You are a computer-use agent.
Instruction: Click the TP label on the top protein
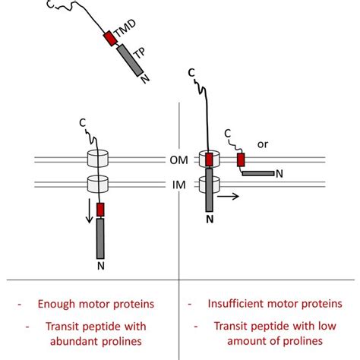point(141,54)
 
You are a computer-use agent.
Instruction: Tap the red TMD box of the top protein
point(111,37)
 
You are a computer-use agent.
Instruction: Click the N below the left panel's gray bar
point(99,266)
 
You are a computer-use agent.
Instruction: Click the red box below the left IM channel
point(99,210)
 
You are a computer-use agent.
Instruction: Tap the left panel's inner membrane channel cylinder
point(99,185)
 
